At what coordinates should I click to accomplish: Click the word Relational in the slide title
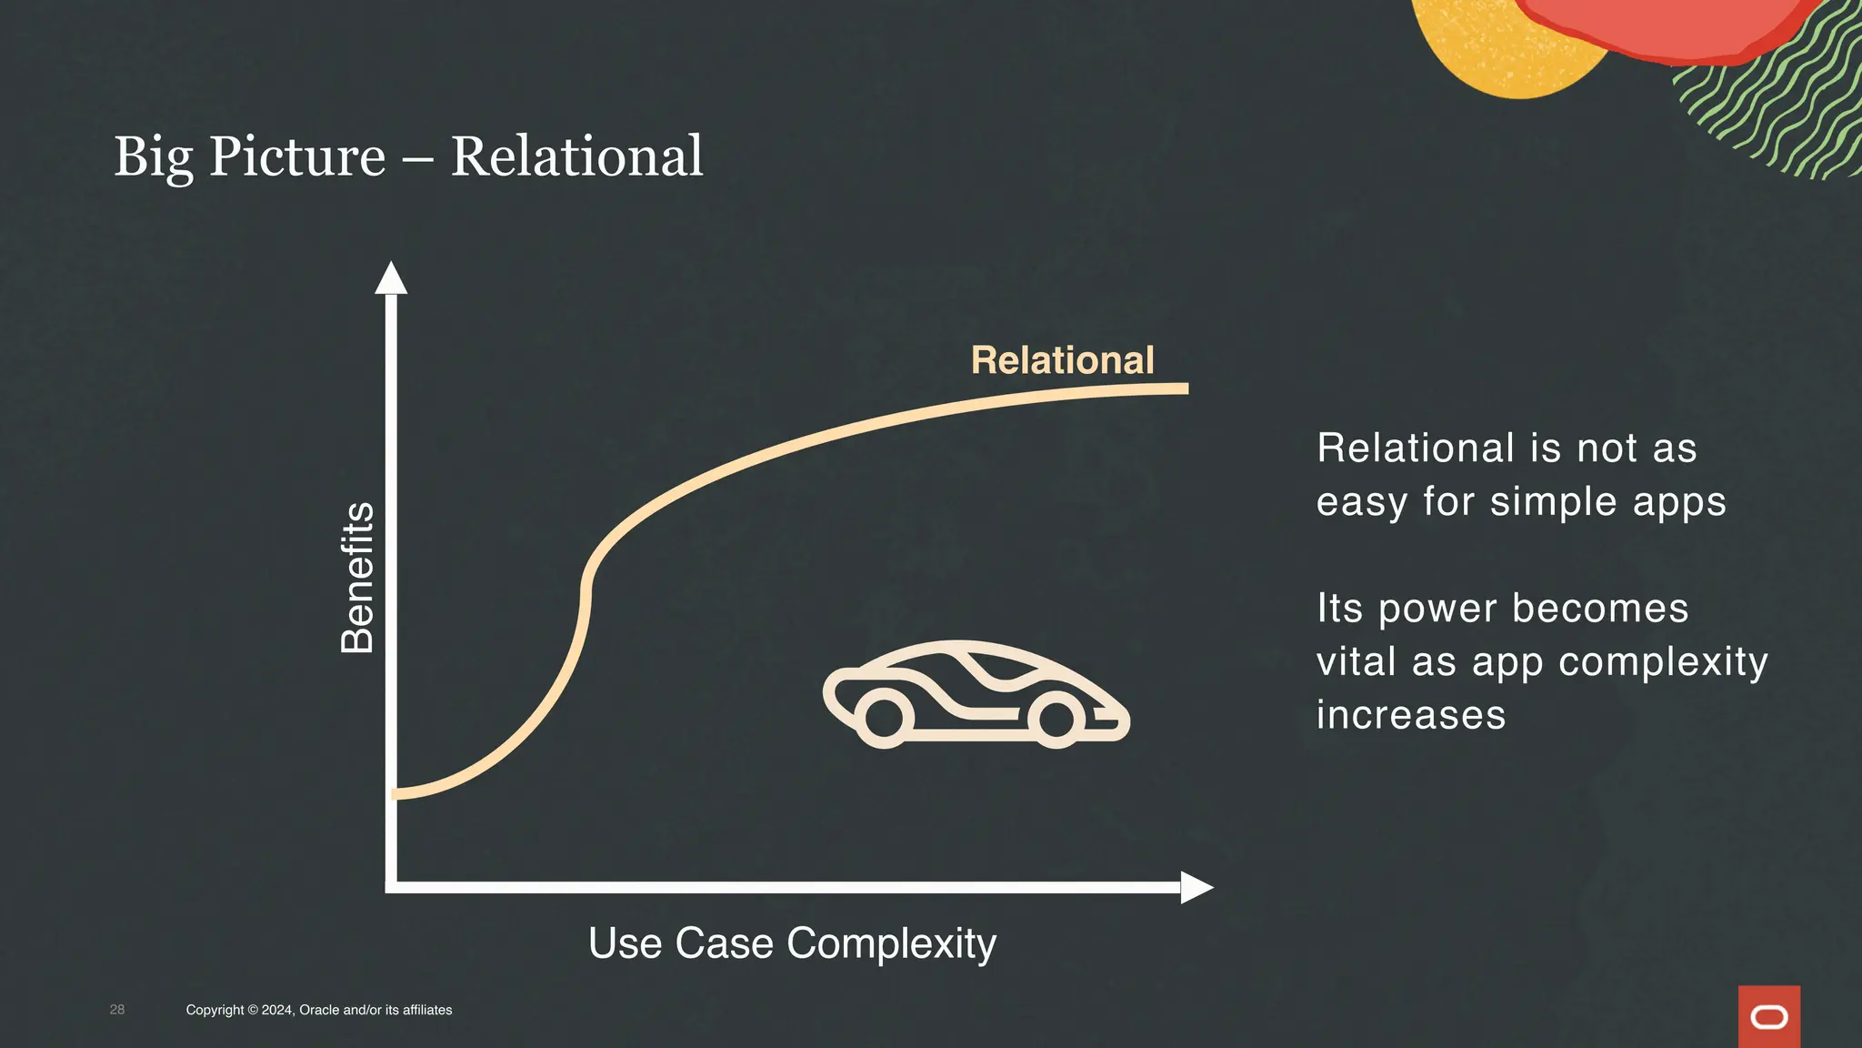(576, 156)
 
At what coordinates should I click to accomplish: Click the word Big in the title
(153, 158)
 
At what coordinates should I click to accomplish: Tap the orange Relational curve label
(1062, 360)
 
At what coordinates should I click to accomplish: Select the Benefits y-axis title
(357, 578)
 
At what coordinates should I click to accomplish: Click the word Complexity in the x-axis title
(891, 943)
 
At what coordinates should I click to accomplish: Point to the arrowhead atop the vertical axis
(391, 279)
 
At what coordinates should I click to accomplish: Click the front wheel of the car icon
(1056, 718)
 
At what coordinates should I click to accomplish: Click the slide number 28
(117, 1010)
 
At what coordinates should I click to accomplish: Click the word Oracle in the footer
(319, 1010)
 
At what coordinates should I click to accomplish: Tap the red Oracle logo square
(1768, 1016)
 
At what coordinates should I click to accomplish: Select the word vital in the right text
(1356, 661)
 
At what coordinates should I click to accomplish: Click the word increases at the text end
(1410, 715)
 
